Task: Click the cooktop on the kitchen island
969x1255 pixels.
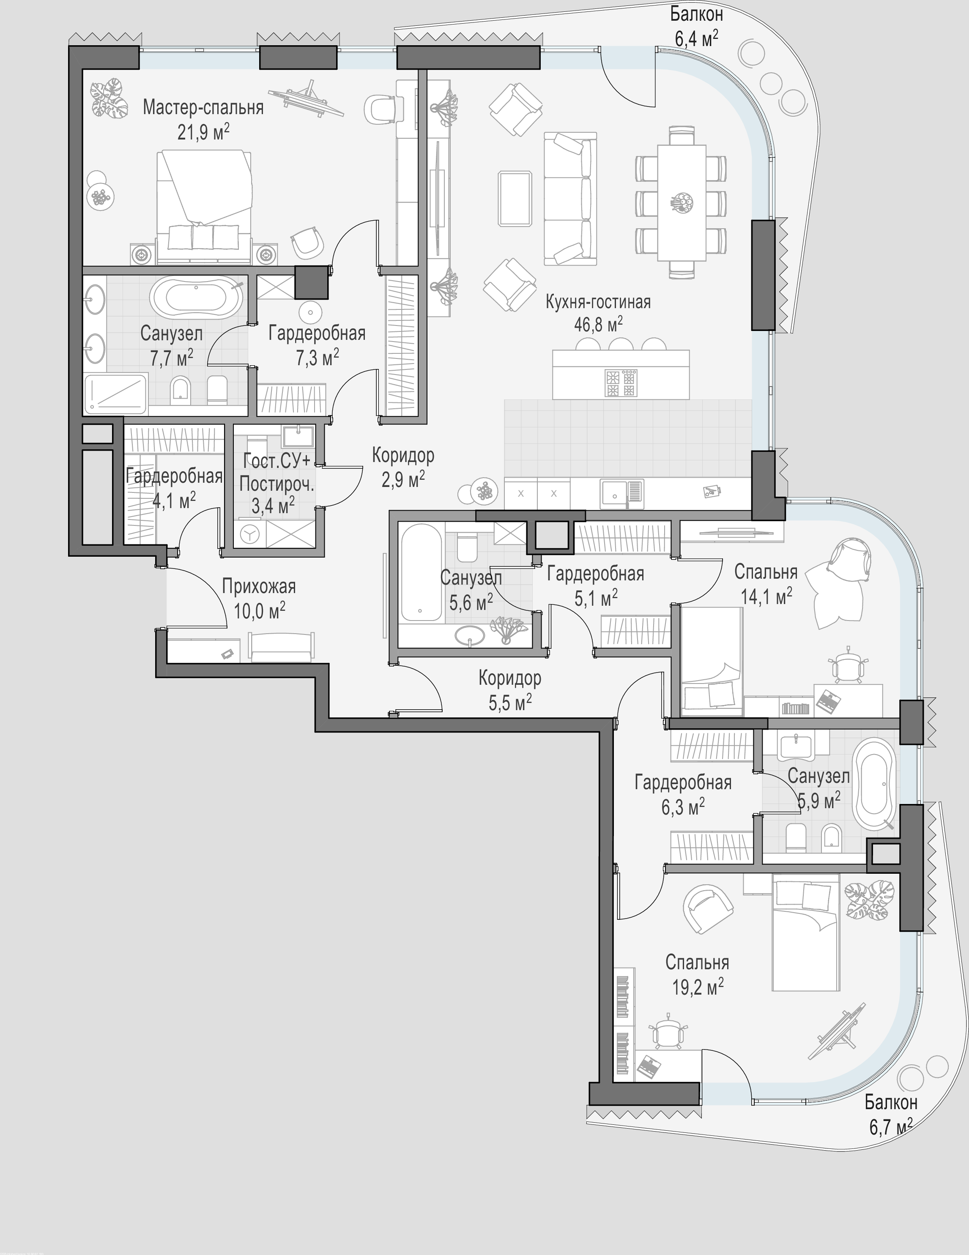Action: (621, 382)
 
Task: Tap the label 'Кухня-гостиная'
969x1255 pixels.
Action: (598, 302)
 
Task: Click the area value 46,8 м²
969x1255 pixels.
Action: (598, 325)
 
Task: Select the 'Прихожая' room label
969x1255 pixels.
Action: (259, 587)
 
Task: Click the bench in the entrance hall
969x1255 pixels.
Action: (282, 646)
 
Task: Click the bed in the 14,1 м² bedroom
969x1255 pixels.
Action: (712, 662)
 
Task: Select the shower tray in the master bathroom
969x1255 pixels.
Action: (115, 394)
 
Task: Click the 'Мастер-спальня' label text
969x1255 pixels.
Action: (203, 107)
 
